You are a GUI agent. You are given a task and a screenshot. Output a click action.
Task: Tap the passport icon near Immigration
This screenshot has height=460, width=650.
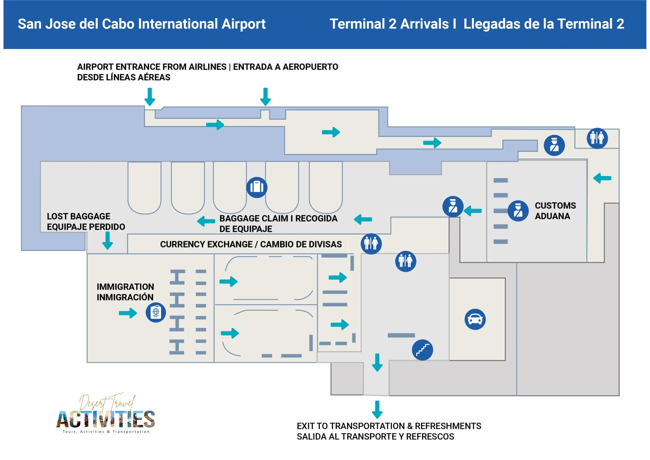pos(156,312)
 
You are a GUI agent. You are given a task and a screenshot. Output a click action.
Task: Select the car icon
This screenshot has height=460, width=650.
pos(475,319)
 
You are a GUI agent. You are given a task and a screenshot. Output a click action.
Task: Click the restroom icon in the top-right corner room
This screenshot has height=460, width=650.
pos(597,138)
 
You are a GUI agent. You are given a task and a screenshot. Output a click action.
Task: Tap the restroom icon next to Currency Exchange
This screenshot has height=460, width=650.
pos(371,243)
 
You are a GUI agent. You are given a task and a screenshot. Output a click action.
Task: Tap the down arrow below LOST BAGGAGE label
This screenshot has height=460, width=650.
pos(108,240)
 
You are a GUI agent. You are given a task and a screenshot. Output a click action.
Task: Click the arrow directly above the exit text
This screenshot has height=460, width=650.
pos(377,410)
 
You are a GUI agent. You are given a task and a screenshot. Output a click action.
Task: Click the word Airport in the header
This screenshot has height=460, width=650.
pos(243,24)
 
